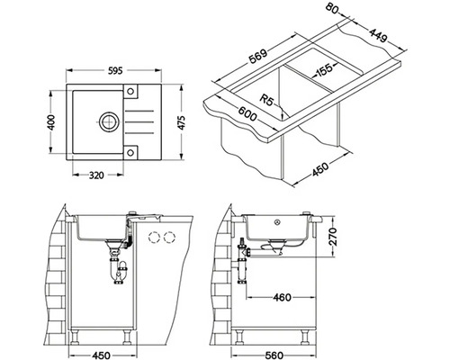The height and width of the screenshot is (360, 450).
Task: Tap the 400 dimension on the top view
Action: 51,122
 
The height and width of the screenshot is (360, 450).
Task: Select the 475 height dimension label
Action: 182,122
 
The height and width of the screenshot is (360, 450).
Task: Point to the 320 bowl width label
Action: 96,175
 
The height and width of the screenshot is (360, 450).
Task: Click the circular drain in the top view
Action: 108,121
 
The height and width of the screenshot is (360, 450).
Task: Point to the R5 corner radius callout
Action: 266,99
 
